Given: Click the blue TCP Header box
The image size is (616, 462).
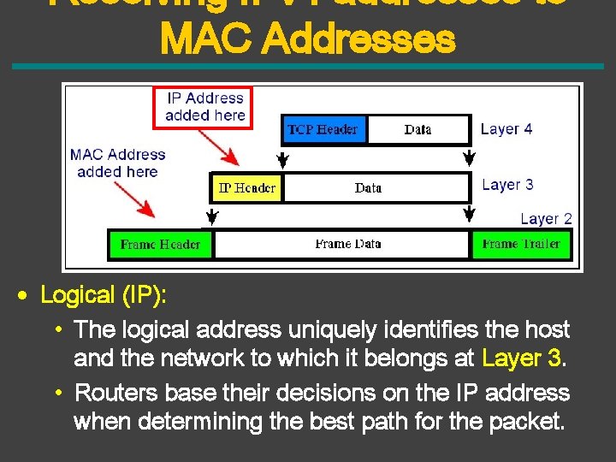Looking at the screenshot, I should click(x=323, y=129).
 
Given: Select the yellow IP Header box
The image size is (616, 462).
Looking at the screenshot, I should click(x=246, y=187).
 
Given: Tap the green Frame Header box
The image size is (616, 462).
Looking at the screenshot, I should click(x=160, y=244).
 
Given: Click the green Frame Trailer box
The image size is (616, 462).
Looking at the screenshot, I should click(x=520, y=244).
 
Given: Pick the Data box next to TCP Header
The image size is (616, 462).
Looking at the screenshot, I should click(x=418, y=129).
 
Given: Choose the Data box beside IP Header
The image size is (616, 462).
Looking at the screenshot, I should click(x=368, y=187).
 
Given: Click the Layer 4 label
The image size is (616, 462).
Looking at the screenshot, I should click(x=506, y=129).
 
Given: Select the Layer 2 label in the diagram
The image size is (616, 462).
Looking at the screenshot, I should click(x=546, y=219).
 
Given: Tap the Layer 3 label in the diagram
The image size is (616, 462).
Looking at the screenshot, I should click(x=507, y=184).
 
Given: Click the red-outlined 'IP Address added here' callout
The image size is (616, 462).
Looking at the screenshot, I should click(x=204, y=107).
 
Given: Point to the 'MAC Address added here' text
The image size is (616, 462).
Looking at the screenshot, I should click(x=117, y=163).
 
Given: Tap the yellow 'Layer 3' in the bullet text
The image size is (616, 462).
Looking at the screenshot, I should click(x=521, y=358).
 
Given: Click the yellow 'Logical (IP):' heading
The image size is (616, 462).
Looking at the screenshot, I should click(x=104, y=295).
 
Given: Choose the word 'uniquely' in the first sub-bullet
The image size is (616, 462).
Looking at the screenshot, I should click(x=332, y=329).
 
